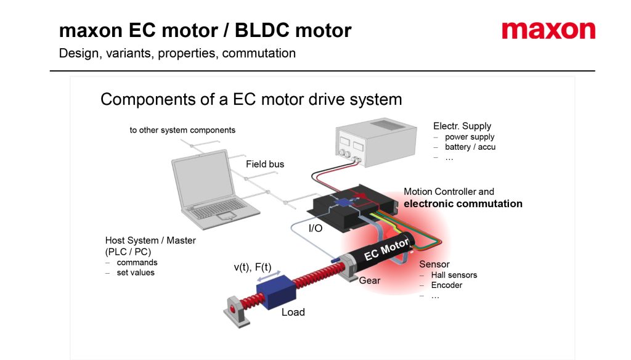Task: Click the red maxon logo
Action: (548, 31)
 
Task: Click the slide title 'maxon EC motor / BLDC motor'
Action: (205, 30)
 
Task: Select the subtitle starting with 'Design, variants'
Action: (177, 53)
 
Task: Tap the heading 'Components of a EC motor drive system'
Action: (251, 99)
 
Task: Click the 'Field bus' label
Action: (265, 164)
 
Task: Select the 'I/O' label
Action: (315, 228)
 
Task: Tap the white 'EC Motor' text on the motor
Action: (386, 249)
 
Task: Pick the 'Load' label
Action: (293, 312)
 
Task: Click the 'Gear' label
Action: (370, 280)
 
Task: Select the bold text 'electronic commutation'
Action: (463, 203)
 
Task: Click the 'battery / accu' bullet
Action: (470, 147)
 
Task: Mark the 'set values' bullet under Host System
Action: (136, 272)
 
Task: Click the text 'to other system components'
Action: (182, 130)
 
